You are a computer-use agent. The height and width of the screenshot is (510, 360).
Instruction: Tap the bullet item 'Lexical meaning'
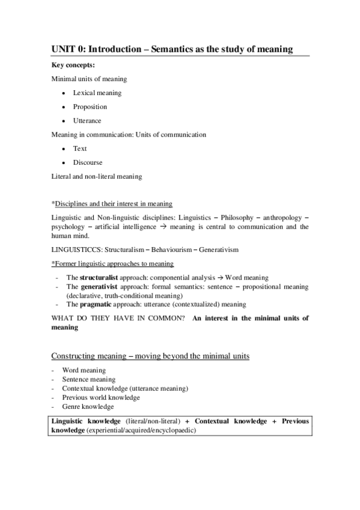(97, 93)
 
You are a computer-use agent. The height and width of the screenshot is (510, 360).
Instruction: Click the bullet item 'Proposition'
(90, 107)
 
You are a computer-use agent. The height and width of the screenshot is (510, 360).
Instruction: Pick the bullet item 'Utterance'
(87, 121)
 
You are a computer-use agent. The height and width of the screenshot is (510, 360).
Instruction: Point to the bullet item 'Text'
(80, 149)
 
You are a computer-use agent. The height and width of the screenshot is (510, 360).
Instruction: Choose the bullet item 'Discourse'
(88, 162)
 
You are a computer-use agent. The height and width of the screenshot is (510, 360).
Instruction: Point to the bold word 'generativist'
(98, 287)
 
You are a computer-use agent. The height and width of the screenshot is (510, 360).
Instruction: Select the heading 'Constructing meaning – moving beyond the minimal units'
(150, 356)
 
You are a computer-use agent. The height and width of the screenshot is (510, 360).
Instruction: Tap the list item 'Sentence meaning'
(88, 379)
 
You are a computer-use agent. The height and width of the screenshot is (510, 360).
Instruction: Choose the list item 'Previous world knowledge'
(101, 398)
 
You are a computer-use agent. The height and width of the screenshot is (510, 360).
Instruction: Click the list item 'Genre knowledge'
(88, 407)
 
